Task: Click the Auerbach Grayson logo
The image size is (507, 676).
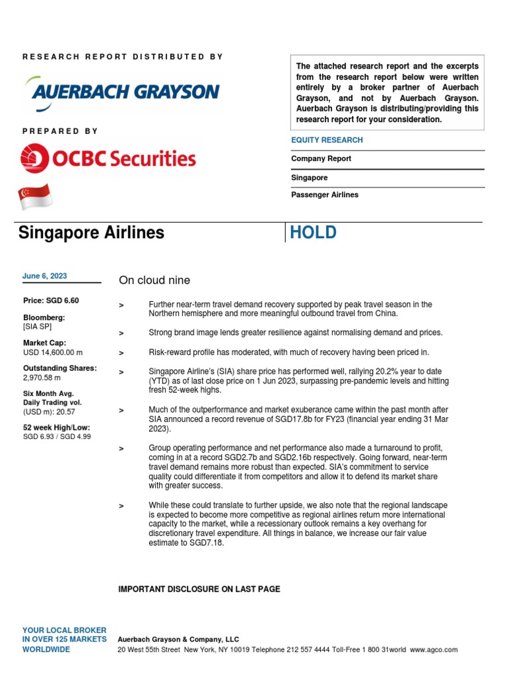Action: tap(121, 92)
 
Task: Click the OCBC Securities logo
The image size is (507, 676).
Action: tap(110, 158)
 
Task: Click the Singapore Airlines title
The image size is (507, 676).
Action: tap(91, 232)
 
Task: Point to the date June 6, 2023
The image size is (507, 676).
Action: tap(44, 276)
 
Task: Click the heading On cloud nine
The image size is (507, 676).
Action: tap(154, 281)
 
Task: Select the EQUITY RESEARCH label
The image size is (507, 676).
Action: tap(327, 140)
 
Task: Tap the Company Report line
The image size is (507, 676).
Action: tap(321, 158)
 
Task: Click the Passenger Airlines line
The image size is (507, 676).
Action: tap(324, 195)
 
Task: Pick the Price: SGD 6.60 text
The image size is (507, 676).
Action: tap(51, 300)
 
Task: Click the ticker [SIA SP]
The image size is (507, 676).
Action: tap(37, 326)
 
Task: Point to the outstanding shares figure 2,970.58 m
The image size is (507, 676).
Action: tap(42, 378)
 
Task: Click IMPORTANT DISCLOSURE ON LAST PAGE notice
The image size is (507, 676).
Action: tap(199, 589)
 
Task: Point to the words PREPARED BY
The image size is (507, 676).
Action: tap(60, 131)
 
